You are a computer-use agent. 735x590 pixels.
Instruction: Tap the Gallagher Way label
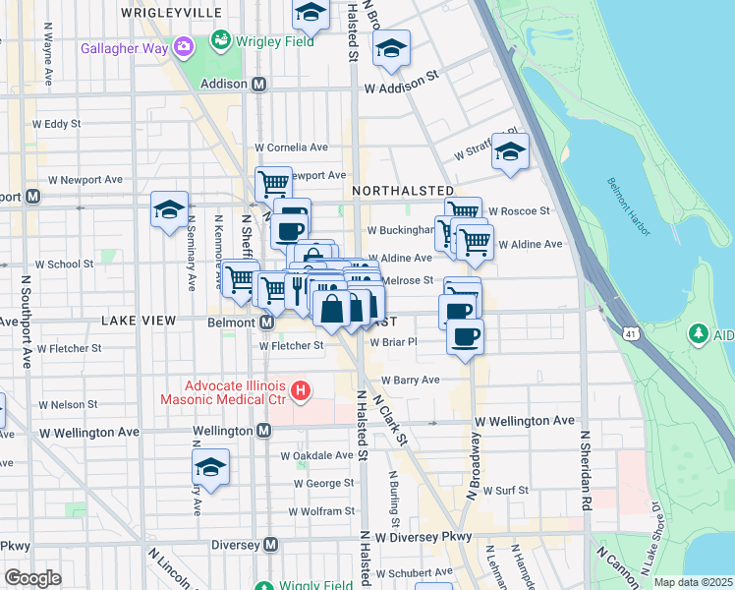[x=125, y=47]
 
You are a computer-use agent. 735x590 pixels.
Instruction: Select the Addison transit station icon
[x=259, y=85]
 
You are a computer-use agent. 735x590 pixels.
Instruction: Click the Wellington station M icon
[x=263, y=431]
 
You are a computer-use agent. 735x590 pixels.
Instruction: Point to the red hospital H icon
[x=303, y=392]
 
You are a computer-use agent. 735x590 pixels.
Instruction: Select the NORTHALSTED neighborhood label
[x=402, y=190]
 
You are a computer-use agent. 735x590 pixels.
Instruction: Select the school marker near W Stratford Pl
[x=509, y=151]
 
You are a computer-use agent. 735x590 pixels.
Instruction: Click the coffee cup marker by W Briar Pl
[x=465, y=335]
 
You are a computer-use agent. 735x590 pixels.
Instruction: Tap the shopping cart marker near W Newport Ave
[x=273, y=182]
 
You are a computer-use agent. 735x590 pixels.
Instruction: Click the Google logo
[x=32, y=578]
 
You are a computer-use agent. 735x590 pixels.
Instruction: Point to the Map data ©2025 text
[x=693, y=582]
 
